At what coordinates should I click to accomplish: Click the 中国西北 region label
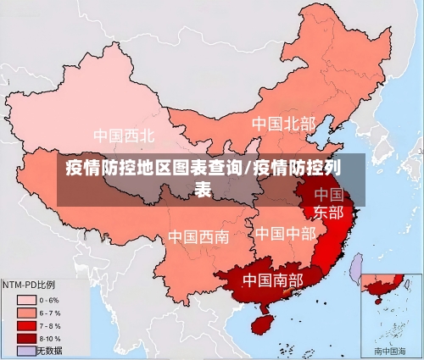coord(124,136)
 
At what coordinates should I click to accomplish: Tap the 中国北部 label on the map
coord(283,125)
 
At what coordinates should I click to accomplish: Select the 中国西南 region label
coord(198,236)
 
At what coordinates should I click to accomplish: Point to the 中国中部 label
coord(285,232)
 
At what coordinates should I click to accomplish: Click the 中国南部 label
coord(272,279)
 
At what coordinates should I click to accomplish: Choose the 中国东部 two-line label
coord(329,203)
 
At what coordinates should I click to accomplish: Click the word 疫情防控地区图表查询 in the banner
coord(153,167)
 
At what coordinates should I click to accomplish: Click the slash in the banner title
coord(247,167)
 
